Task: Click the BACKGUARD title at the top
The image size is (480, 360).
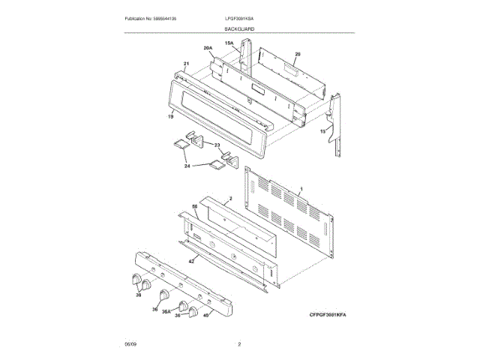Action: point(239,28)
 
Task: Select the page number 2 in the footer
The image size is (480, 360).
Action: point(239,344)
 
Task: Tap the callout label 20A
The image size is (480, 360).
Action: point(208,49)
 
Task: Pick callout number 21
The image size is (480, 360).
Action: point(185,64)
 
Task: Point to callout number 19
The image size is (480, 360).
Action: point(170,116)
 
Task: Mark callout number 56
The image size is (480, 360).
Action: point(193,205)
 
